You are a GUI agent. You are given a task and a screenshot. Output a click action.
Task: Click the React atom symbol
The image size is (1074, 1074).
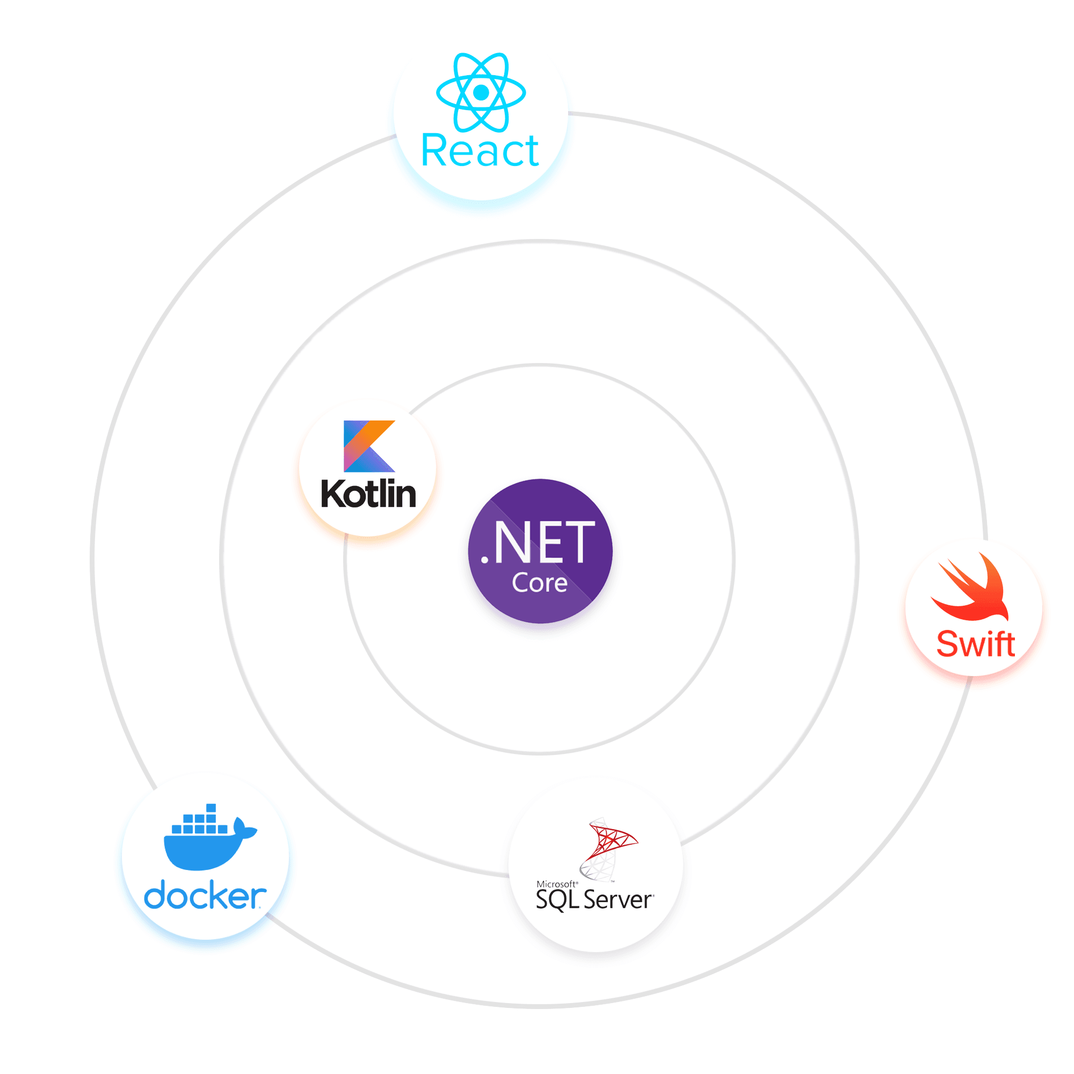click(481, 92)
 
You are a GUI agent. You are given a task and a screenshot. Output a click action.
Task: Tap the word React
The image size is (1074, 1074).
click(480, 151)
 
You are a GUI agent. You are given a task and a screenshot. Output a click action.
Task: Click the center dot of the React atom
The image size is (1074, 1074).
click(481, 92)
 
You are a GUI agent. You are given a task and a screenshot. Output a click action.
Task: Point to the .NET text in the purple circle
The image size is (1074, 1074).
click(538, 542)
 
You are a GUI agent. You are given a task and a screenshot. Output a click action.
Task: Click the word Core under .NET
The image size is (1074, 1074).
click(539, 583)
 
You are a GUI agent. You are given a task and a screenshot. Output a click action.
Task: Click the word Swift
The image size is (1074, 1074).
click(976, 644)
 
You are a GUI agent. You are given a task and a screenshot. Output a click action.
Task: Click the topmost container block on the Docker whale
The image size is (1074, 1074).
click(211, 808)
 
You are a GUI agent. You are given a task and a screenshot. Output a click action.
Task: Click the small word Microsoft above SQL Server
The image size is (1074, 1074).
click(556, 884)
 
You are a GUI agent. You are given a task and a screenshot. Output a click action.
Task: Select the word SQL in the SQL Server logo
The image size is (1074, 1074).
click(557, 899)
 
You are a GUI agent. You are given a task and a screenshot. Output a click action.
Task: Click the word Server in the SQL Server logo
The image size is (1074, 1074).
click(618, 900)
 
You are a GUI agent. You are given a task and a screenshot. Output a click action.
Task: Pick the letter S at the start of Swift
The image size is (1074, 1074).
click(947, 644)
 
